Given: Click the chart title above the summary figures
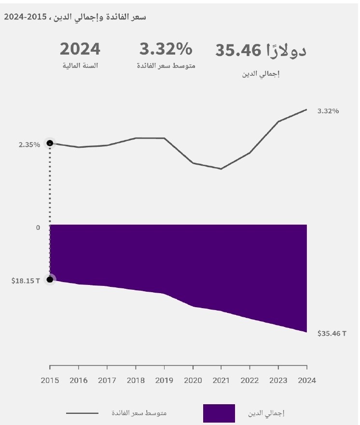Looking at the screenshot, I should pos(75,17).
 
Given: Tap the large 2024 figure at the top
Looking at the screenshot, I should pos(80,49).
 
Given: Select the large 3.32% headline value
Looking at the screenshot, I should pos(166,49).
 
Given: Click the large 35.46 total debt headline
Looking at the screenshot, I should pos(261,50).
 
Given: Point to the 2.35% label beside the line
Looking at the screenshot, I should pos(29,144).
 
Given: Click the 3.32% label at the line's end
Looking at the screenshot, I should pos(328,111).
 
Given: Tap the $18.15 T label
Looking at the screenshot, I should pos(26,280).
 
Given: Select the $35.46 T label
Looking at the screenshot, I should pos(332,333).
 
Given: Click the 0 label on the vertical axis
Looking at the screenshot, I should pos(38,227).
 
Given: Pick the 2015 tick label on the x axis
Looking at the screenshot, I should pos(50,381).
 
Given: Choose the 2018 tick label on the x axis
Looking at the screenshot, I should pos(136,381).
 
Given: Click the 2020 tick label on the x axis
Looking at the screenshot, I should pos(193,381).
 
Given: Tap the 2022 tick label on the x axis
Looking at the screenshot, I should pos(249,381).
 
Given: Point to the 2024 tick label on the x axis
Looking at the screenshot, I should pos(306,381).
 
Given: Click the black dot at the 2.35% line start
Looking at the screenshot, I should pos(50,143).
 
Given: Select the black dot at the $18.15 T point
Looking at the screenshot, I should pos(50,279).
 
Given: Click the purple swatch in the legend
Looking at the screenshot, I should pos(219,413).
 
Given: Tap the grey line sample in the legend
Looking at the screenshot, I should pos(82,413).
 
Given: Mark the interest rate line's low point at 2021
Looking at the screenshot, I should pos(221,169).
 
